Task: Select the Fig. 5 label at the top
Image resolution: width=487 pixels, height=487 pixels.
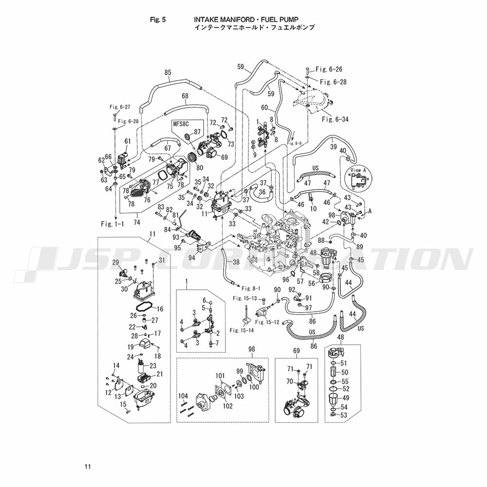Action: pyautogui.click(x=159, y=20)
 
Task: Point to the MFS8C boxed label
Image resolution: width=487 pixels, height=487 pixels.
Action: pyautogui.click(x=180, y=124)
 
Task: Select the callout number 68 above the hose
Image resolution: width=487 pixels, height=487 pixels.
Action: pyautogui.click(x=185, y=96)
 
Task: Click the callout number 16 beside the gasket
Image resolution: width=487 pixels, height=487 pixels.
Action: pyautogui.click(x=160, y=309)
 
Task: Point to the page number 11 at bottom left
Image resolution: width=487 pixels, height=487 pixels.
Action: pyautogui.click(x=87, y=467)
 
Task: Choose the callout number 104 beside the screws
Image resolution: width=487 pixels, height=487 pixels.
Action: pyautogui.click(x=183, y=395)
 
